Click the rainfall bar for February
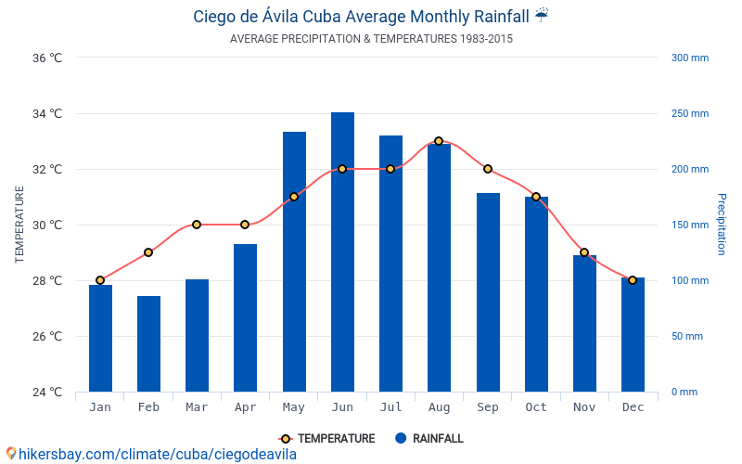[148, 344]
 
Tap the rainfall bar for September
[488, 292]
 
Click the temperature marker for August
[439, 141]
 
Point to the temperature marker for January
[100, 280]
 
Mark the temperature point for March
[197, 225]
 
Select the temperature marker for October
[536, 197]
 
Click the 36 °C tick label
[47, 58]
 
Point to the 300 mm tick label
[689, 58]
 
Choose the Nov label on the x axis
[584, 407]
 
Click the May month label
[294, 407]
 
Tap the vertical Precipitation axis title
[721, 225]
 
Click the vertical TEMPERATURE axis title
[19, 225]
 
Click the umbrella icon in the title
[542, 15]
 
